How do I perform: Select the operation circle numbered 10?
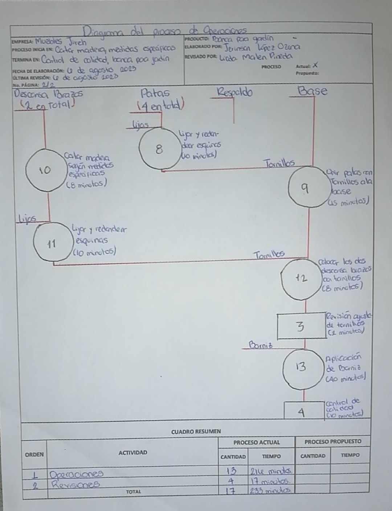point(45,170)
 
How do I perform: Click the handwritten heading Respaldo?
point(234,92)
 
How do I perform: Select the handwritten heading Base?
point(312,91)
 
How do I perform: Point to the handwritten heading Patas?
point(155,93)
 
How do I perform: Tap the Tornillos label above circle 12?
point(269,255)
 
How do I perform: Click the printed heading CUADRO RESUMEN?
point(196,431)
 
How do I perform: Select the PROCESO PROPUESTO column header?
point(332,441)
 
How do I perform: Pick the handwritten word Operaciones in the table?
point(76,474)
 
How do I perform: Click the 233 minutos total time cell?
point(271,491)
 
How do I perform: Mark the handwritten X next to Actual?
point(315,66)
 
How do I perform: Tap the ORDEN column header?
point(34,454)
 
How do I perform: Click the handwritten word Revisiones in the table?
point(75,484)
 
